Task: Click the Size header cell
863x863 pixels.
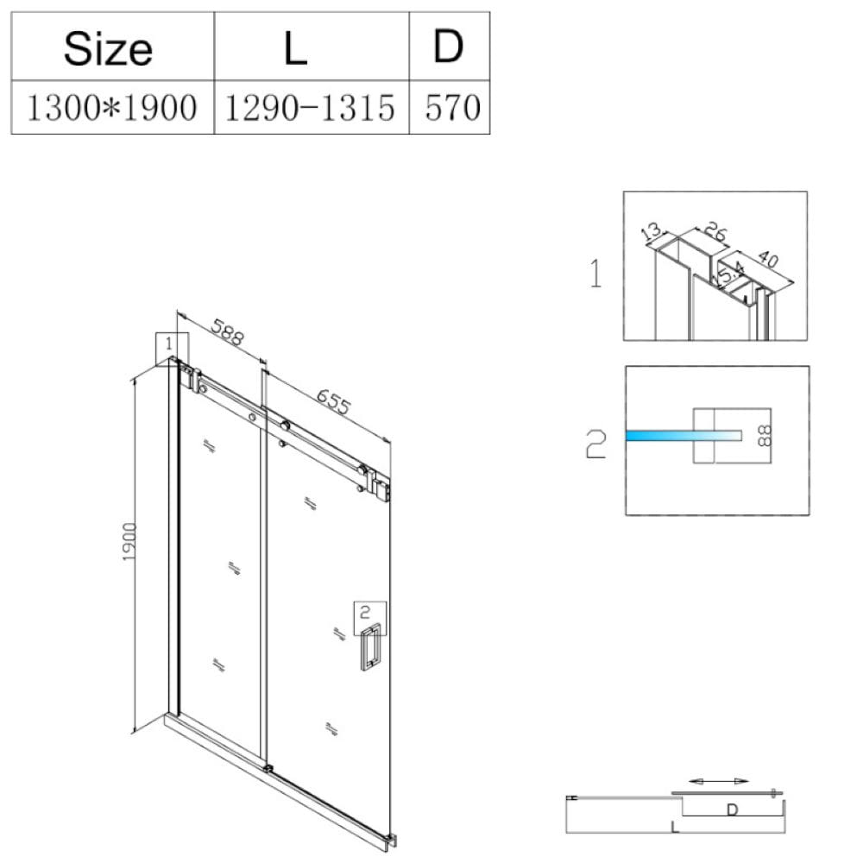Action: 109,48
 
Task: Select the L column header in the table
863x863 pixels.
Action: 295,48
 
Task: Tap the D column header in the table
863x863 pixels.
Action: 449,47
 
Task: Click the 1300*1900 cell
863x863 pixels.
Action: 111,107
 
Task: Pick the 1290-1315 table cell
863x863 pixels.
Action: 310,107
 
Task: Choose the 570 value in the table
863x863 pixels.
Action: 452,107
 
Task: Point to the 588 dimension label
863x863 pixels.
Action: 227,332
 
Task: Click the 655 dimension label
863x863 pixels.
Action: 333,402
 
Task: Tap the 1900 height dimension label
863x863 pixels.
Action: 129,542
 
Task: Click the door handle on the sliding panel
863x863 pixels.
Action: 371,646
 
